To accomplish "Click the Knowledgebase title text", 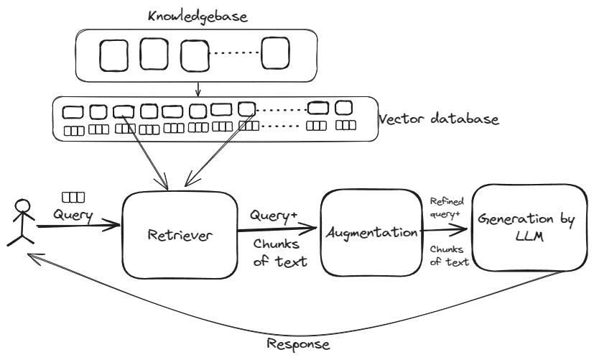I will point(198,15).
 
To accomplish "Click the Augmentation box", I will point(370,231).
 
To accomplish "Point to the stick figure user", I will point(22,222).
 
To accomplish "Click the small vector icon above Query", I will point(73,196).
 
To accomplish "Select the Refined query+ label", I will point(445,208).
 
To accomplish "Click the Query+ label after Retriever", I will point(273,214).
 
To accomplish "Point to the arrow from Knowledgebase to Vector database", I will point(197,88).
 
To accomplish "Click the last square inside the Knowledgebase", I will point(278,55).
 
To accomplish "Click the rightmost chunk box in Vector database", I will point(344,108).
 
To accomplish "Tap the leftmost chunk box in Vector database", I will point(73,112).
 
